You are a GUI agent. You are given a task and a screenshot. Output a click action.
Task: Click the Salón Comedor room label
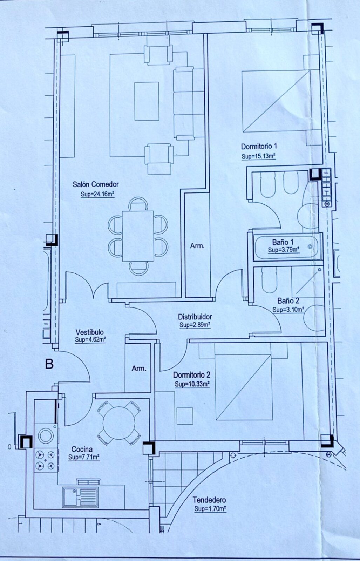coord(96,184)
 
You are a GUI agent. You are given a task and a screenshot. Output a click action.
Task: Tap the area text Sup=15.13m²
coord(258,156)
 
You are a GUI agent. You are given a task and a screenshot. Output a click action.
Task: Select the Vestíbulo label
coord(89,332)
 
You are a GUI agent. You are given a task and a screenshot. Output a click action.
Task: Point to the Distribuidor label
coord(195,317)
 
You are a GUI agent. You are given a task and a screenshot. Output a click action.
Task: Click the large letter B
coord(49,364)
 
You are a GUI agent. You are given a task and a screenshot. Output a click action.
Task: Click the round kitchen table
coord(119,423)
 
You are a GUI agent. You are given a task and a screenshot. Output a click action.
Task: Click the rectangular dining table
coord(138,236)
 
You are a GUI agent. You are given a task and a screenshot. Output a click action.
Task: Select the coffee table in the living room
coord(147,101)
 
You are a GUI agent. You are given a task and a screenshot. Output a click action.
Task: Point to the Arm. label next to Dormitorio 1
coord(197,246)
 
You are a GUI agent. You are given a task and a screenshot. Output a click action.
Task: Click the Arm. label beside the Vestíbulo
coord(139,369)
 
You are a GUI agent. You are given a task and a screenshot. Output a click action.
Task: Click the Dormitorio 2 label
coord(192,375)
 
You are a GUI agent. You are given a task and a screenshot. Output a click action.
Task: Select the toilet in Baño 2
coord(269,280)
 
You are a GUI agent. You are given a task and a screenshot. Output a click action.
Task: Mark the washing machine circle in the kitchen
coord(46,435)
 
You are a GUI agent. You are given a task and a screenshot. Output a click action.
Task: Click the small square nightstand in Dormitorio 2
coord(185,416)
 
